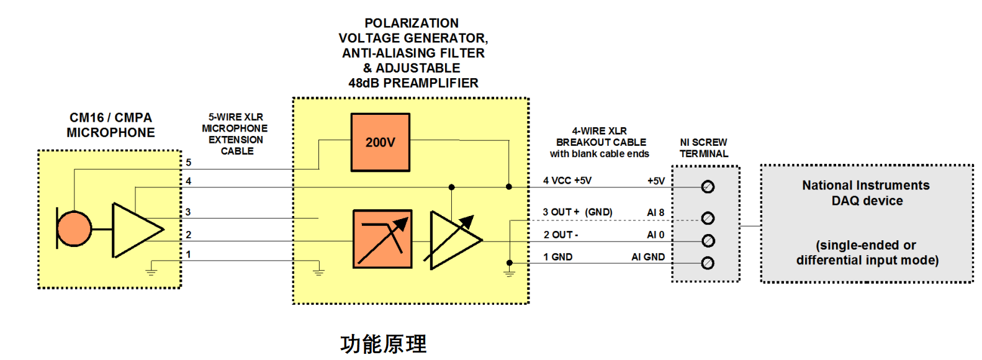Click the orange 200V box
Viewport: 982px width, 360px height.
tap(380, 142)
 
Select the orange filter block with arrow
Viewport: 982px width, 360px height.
tap(382, 239)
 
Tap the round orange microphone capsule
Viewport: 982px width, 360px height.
tap(74, 228)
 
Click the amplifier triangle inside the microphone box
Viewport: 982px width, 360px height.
tap(135, 230)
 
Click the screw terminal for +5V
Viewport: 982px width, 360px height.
tap(708, 187)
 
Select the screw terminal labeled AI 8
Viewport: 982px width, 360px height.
tap(708, 218)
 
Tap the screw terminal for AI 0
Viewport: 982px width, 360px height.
tap(708, 241)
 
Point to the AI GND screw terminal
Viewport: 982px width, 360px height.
tap(708, 263)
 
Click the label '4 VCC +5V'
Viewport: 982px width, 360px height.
tap(567, 181)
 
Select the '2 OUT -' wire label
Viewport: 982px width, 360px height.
tap(561, 235)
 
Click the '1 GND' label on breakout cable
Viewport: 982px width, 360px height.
tap(558, 257)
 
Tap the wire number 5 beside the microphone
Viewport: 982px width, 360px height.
tap(189, 163)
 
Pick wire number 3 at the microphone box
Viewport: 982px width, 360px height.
tap(188, 212)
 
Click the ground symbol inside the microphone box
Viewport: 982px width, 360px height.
tap(151, 269)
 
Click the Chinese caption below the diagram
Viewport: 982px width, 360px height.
tap(384, 344)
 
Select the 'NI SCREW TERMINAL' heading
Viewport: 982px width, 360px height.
tap(703, 148)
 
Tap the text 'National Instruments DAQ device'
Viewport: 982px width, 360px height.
tap(866, 193)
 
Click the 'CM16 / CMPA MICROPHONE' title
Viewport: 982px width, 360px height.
tap(110, 125)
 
